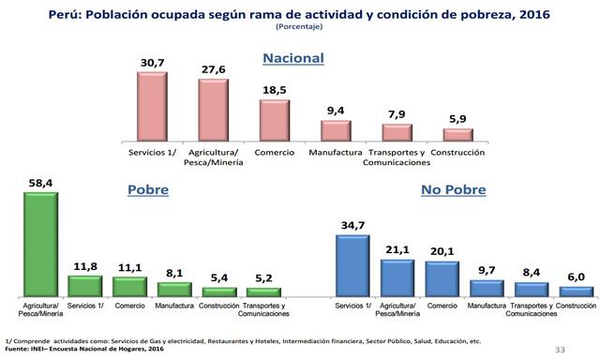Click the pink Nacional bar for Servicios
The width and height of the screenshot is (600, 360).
(151, 106)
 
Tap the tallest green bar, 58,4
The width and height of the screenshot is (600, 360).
(40, 244)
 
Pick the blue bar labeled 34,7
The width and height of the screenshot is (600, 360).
(352, 265)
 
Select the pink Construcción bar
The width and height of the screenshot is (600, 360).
(458, 134)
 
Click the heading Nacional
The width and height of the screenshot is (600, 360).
(292, 58)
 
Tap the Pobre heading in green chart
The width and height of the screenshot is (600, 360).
(147, 188)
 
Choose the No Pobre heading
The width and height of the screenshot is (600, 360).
(452, 188)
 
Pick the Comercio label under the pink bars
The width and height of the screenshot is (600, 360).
(275, 151)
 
